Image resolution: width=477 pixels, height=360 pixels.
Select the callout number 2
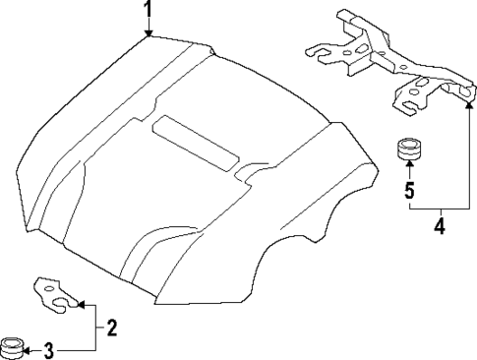tap(111, 328)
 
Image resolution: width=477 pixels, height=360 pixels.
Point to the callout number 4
tap(440, 227)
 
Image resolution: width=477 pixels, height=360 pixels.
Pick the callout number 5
tap(408, 189)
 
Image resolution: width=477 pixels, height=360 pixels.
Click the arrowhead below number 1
tap(147, 34)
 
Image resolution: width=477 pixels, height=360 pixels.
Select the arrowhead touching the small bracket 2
tap(79, 304)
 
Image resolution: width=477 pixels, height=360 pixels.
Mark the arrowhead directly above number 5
tap(408, 170)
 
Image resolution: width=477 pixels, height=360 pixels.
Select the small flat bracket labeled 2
tap(54, 294)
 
